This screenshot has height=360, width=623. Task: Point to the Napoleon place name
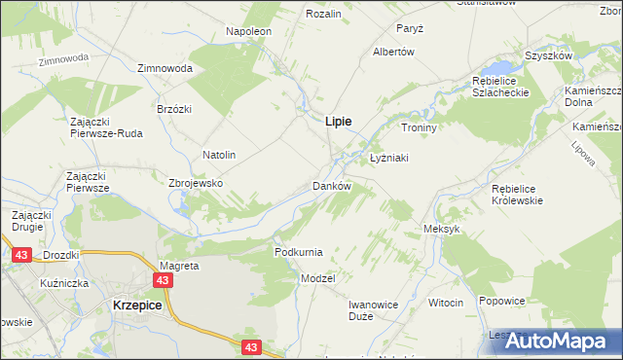pyautogui.click(x=248, y=31)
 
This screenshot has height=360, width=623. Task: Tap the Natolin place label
pyautogui.click(x=219, y=155)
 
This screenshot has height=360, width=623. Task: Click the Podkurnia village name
pyautogui.click(x=298, y=252)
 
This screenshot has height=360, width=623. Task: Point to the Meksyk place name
pyautogui.click(x=441, y=229)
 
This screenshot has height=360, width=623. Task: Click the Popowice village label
pyautogui.click(x=502, y=302)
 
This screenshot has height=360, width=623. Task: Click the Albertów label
pyautogui.click(x=394, y=52)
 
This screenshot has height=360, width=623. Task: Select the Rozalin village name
pyautogui.click(x=323, y=14)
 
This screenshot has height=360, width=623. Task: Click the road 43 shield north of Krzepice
pyautogui.click(x=164, y=280)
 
